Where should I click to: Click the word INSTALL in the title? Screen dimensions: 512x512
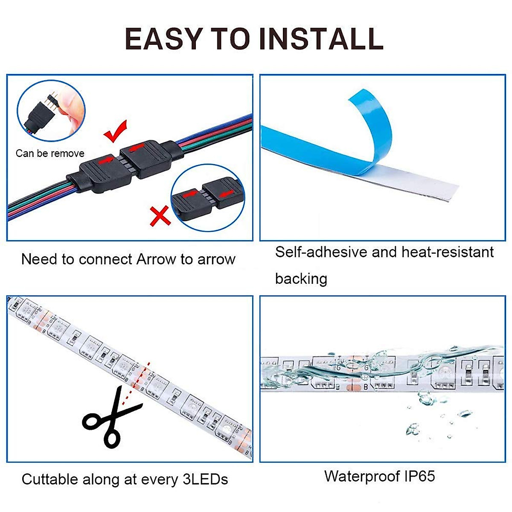[x=321, y=39]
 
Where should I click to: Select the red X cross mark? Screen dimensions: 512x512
[x=160, y=216]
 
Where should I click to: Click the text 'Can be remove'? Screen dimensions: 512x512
[x=50, y=154]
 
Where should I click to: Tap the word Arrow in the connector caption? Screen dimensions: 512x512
[x=156, y=259]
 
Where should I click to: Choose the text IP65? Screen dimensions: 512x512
[x=419, y=476]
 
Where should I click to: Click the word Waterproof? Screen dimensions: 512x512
[x=362, y=476]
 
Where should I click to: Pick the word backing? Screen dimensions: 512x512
[x=301, y=279]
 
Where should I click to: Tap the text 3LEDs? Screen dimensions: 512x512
[x=205, y=479]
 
